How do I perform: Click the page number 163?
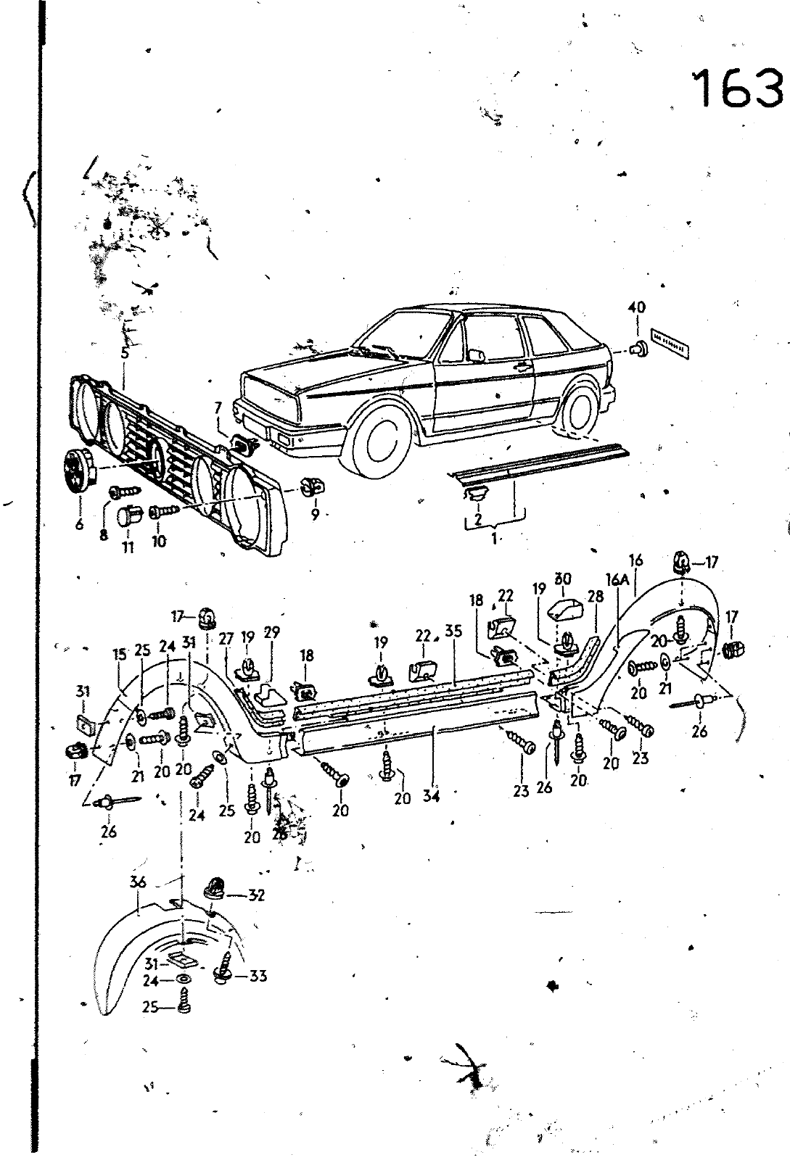click(738, 89)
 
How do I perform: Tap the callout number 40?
click(637, 307)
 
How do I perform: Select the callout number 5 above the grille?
click(125, 353)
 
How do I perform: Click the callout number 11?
click(128, 547)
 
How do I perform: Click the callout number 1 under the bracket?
click(495, 539)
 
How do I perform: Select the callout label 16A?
click(616, 579)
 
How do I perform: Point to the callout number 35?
click(453, 631)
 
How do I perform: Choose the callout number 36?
click(139, 882)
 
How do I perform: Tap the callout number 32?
click(255, 895)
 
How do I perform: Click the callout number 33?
click(257, 976)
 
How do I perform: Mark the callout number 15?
click(119, 655)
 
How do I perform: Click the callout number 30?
click(563, 579)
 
